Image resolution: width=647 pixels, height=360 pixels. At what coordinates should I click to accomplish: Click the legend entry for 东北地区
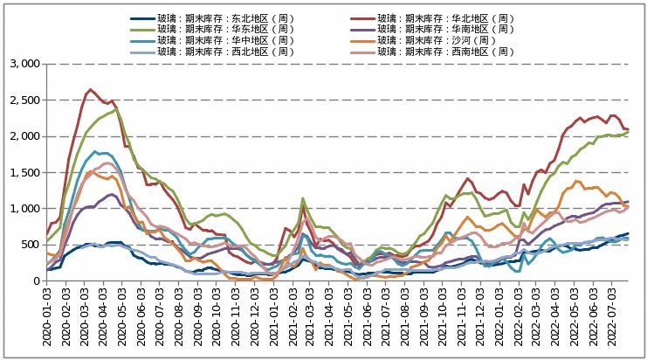216,18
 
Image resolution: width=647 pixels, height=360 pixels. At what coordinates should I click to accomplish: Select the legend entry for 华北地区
445,18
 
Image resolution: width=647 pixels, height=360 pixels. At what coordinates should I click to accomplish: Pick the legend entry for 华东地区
216,29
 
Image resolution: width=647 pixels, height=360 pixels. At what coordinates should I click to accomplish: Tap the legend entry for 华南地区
445,29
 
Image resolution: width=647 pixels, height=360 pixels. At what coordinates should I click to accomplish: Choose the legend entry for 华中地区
216,40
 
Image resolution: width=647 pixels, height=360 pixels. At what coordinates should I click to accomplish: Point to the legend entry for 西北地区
216,52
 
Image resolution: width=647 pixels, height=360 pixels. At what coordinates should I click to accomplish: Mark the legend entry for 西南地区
445,52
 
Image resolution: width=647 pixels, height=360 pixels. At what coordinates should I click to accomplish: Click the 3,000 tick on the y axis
24,64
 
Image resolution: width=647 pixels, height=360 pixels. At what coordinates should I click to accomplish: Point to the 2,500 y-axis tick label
24,100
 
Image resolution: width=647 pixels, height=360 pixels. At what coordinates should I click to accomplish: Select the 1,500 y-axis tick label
24,172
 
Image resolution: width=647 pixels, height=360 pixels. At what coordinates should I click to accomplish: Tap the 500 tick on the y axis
30,245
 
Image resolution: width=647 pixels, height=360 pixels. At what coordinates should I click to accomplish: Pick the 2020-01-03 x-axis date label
48,318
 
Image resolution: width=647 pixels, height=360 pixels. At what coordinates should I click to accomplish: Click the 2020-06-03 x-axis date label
142,318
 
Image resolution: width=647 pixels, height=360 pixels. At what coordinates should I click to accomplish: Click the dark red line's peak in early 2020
90,89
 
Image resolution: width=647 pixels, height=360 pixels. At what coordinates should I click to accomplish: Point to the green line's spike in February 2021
302,198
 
